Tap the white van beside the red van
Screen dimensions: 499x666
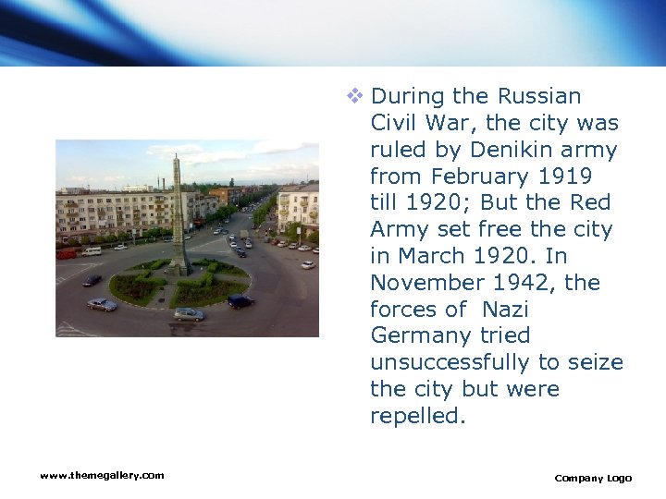coord(91,250)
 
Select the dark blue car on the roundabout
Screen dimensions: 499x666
coord(240,300)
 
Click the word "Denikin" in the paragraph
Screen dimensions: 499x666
coord(509,150)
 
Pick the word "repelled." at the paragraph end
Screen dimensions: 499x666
coord(418,416)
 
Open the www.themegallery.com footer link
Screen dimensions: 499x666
coord(102,475)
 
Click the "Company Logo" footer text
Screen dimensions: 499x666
coord(593,478)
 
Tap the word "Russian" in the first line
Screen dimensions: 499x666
coord(539,96)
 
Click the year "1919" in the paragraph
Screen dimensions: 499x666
coord(561,176)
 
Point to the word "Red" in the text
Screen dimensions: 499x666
coord(592,202)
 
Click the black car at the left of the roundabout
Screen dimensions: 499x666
coord(92,280)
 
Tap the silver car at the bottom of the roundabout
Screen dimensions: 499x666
coord(189,313)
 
